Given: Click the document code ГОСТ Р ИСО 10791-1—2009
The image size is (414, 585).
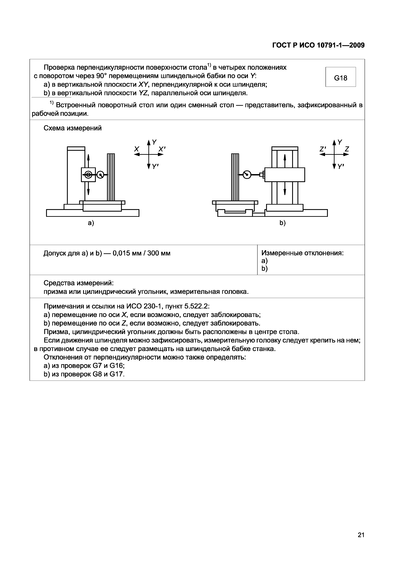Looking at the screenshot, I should pos(318,45).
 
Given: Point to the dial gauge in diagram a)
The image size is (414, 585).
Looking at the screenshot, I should pos(100,175).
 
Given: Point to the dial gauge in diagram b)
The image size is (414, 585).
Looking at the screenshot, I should pos(247,175).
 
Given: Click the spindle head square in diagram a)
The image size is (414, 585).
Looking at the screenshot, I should pos(88,175).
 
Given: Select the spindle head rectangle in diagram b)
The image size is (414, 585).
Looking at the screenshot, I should pos(285,175).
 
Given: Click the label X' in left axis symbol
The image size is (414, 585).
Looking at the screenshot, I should pos(162,149).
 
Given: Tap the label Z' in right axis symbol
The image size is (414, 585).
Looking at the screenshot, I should pos(323,149).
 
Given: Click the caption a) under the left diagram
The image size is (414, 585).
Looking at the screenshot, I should pos(91,223).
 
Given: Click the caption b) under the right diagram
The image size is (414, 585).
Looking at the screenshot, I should pos(283,223).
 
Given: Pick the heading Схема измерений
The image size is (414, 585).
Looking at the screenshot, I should pos(72,128).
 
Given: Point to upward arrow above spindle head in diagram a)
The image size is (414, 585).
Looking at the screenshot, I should pos(88,160).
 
